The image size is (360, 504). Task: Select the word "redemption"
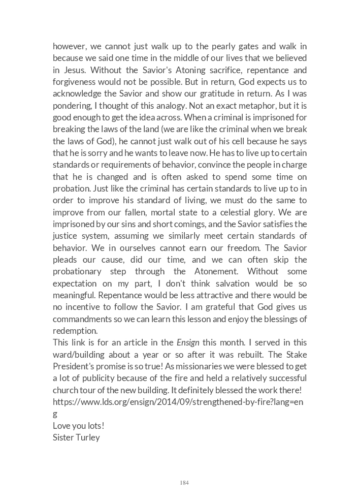click(x=75, y=330)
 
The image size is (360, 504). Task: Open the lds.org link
click(x=178, y=402)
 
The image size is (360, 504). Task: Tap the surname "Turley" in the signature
click(x=87, y=437)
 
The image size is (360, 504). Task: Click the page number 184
click(x=184, y=483)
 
